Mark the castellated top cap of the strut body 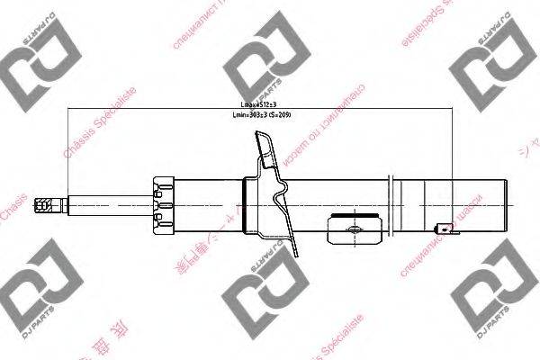[162, 206]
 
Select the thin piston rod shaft [108, 206]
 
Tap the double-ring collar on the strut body [389, 206]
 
